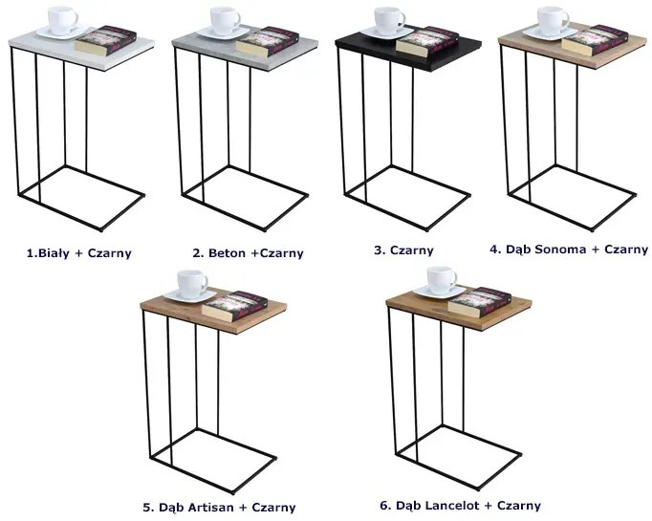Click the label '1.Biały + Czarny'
79,252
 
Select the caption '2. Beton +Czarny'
249,252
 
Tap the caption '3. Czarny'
403,250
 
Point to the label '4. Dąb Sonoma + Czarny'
569,250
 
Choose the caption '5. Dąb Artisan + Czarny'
219,508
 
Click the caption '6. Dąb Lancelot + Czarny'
460,505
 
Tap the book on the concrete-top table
268,41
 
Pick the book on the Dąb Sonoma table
594,40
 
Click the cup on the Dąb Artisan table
192,283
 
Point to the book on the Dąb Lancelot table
479,302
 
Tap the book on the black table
427,41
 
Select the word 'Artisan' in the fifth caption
210,508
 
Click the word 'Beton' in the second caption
227,252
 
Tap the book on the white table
106,40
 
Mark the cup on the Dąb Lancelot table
442,280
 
